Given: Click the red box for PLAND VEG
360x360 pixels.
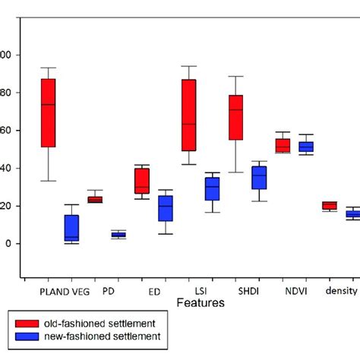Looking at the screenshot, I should pos(48,112).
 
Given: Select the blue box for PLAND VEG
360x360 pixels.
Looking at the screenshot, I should pos(71,228).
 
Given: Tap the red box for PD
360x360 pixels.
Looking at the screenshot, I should pos(95,200).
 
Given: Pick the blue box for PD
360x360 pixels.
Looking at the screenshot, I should pos(118,235).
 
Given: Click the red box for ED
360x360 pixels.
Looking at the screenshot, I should pos(142,181).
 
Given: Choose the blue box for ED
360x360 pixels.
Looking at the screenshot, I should pos(165,209).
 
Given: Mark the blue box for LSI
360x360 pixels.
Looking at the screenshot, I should pos(212,188).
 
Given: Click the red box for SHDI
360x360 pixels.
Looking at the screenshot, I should pos(235,117).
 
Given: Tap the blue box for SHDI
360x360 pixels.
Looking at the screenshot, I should pos(259,178).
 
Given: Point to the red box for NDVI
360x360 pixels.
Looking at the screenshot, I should pos(283,146).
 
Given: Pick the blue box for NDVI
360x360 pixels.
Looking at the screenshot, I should pos(306,147).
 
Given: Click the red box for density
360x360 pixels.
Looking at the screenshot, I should pos(330,205).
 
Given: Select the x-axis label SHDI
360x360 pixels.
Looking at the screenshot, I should pos(247,291).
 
